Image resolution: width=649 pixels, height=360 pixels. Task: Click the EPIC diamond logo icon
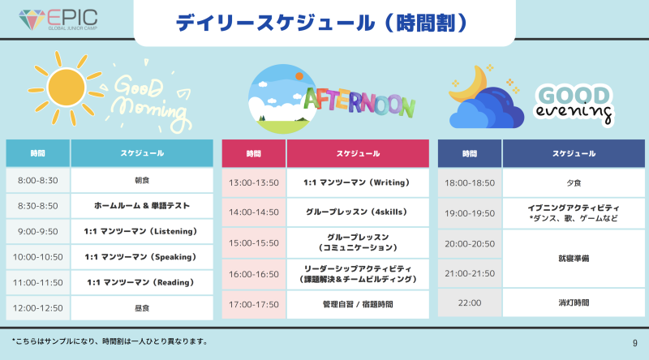click(32, 19)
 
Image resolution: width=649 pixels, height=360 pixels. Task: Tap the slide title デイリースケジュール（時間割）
click(321, 23)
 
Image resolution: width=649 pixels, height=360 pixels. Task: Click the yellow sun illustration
click(66, 88)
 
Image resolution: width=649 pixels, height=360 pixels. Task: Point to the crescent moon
click(468, 84)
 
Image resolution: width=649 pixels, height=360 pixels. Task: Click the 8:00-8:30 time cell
click(37, 181)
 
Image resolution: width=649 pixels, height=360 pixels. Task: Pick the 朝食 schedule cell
click(142, 181)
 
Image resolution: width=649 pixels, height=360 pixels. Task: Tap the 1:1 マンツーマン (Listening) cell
click(142, 231)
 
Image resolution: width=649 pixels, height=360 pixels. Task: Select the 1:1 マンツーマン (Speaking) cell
click(142, 257)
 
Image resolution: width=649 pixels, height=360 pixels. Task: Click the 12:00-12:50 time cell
click(37, 308)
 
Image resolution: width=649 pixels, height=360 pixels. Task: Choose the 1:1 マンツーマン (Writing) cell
click(358, 182)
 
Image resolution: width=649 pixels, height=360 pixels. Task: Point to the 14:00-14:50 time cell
click(254, 212)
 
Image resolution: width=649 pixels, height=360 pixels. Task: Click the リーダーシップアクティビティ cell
click(358, 274)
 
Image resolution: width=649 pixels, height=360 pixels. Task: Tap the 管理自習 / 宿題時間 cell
click(358, 305)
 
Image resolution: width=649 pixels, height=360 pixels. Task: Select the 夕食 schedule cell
click(574, 183)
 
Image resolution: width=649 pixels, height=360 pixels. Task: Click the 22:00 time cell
click(470, 303)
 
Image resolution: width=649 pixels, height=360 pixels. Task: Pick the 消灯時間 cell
click(574, 303)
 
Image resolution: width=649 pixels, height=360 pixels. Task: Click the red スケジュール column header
click(358, 153)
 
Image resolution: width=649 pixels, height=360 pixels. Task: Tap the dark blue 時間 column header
click(470, 153)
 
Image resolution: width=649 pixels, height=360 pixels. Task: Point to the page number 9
click(635, 343)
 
